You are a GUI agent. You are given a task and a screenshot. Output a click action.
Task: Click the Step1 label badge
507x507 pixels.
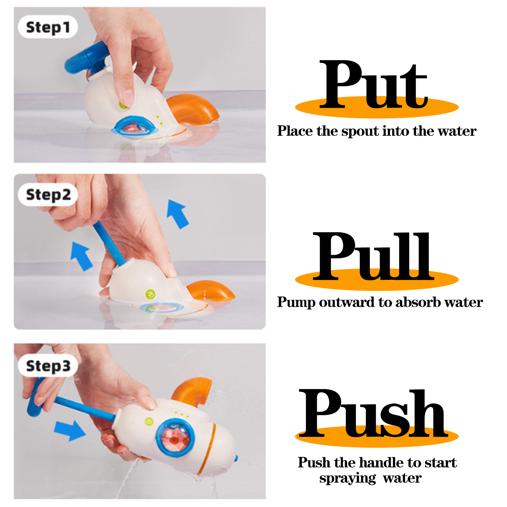click(48, 27)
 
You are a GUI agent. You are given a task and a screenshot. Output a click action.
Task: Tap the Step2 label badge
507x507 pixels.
click(48, 195)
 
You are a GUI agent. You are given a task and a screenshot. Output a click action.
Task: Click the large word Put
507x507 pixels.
click(374, 85)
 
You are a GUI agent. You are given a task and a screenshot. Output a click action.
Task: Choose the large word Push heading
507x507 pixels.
click(373, 414)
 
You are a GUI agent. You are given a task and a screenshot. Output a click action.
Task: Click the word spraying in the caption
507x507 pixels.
click(348, 478)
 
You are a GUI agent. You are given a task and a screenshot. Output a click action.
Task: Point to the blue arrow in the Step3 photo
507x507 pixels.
click(70, 430)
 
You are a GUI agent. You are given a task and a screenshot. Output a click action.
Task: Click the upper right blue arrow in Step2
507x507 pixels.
click(177, 214)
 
